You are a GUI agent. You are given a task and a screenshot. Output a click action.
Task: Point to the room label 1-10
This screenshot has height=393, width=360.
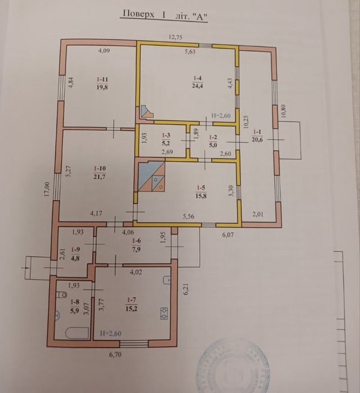[101, 168]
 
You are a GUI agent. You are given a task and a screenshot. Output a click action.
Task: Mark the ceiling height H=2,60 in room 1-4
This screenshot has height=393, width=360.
[220, 116]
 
